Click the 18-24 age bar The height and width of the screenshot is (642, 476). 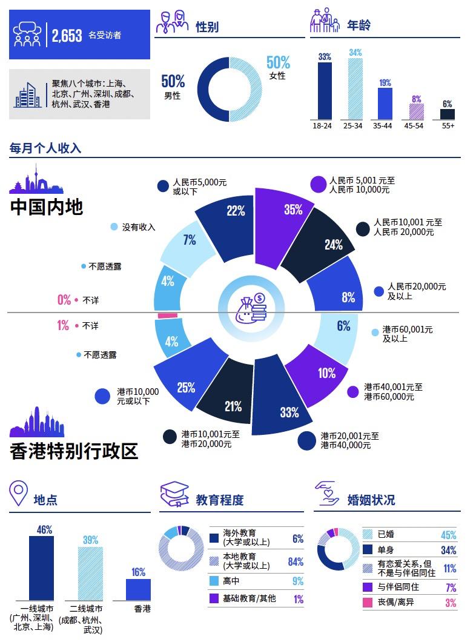tap(325, 91)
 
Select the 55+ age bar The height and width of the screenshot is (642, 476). tap(448, 114)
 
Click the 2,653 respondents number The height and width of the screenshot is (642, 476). tap(67, 36)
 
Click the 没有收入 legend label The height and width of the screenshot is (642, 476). tap(139, 227)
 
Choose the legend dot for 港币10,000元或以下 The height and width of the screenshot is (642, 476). tap(103, 396)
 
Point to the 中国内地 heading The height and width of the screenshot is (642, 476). tap(47, 207)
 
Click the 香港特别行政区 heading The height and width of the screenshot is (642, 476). tap(74, 451)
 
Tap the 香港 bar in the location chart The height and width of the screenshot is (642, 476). tap(138, 589)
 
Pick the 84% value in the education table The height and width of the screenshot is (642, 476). tap(296, 562)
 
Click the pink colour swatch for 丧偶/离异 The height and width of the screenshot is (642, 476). tap(367, 603)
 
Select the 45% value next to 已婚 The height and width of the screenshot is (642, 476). tap(448, 535)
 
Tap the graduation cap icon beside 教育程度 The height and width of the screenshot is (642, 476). tap(174, 495)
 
